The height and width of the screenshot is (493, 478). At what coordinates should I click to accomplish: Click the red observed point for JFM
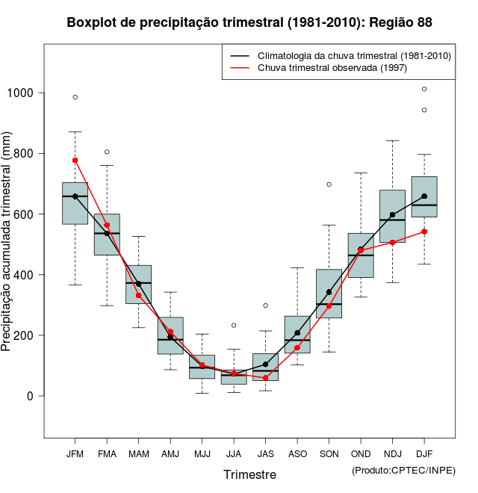tap(75, 160)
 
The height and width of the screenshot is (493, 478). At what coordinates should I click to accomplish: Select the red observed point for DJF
tap(424, 232)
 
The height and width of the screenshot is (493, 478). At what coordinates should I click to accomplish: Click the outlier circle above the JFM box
tap(75, 97)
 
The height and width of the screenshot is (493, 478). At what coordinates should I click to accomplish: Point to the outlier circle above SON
tap(329, 185)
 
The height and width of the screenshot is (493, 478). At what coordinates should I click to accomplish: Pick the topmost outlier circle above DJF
tap(424, 89)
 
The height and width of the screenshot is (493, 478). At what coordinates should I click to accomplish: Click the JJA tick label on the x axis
tap(234, 453)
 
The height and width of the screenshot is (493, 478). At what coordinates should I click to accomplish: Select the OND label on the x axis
tap(361, 453)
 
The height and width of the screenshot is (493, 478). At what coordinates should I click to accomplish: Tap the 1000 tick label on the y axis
tap(20, 93)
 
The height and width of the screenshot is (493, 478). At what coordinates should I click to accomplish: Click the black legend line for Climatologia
tap(239, 56)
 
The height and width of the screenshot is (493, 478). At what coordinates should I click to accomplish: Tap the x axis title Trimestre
tap(249, 474)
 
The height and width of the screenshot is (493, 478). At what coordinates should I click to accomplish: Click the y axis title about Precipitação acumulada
tap(7, 242)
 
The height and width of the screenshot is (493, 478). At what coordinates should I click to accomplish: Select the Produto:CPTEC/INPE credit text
tap(403, 470)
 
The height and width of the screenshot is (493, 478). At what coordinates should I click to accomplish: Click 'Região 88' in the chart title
tap(401, 23)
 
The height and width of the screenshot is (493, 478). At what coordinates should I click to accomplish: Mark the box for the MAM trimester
tap(139, 285)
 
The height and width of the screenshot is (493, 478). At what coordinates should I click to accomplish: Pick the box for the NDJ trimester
tap(393, 216)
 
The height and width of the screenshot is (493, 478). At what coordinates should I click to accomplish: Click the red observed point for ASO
tap(297, 347)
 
